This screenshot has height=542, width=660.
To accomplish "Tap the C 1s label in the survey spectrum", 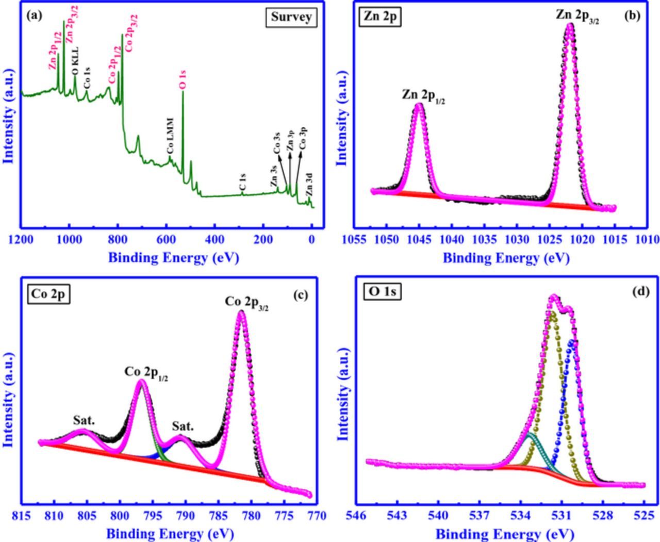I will (242, 183).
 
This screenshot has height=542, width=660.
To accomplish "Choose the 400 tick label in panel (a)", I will (214, 239).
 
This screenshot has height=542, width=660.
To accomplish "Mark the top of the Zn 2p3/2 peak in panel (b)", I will (570, 24).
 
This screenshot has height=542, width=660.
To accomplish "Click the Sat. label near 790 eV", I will (183, 426).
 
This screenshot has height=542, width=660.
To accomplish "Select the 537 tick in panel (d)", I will (480, 516).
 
